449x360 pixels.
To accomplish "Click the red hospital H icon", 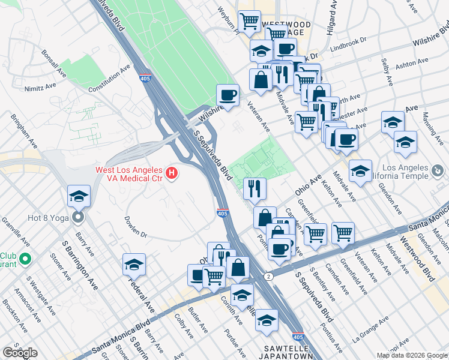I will pyautogui.click(x=172, y=175).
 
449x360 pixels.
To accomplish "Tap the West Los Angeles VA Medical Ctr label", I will pyautogui.click(x=130, y=174).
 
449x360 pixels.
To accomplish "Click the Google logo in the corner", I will pyautogui.click(x=20, y=353).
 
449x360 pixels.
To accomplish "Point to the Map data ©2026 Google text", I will pyautogui.click(x=412, y=355).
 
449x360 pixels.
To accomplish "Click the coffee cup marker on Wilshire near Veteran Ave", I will pyautogui.click(x=228, y=95).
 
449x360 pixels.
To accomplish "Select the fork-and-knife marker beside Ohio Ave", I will pyautogui.click(x=255, y=188).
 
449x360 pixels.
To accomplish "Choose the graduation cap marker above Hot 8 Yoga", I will pyautogui.click(x=78, y=197).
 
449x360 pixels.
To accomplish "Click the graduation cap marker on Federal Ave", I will pyautogui.click(x=134, y=263).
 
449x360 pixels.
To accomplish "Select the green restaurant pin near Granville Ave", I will pyautogui.click(x=24, y=260).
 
